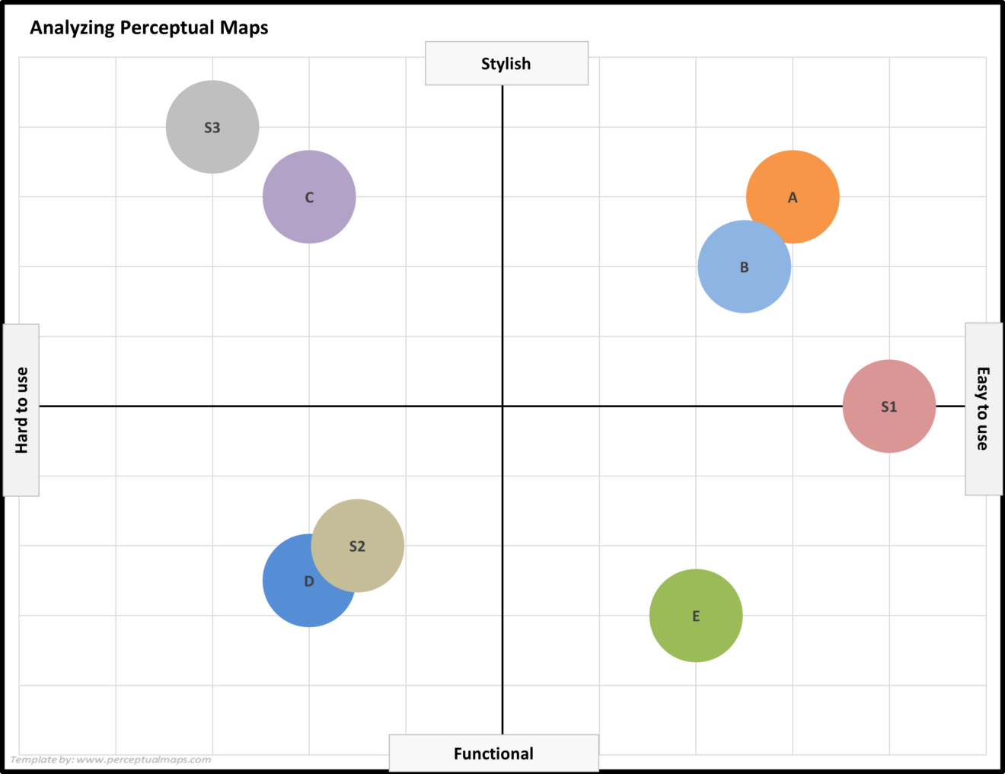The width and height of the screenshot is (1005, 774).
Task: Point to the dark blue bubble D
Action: click(x=293, y=597)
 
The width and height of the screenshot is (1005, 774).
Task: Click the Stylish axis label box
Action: click(x=506, y=64)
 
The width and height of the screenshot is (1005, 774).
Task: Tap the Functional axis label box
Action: click(x=493, y=753)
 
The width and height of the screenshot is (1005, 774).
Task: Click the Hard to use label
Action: click(x=21, y=410)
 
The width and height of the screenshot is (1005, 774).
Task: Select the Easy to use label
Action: click(x=983, y=409)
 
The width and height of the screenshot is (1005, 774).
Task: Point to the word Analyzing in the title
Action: click(x=72, y=28)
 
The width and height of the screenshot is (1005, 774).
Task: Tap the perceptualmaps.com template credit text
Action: click(x=110, y=760)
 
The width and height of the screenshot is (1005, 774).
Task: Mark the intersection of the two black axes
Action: click(x=502, y=406)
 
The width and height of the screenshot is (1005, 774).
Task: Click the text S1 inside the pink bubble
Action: click(x=889, y=407)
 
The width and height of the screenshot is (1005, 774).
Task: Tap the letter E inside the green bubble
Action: click(x=696, y=616)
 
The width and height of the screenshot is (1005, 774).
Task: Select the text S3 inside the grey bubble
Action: click(x=212, y=128)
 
